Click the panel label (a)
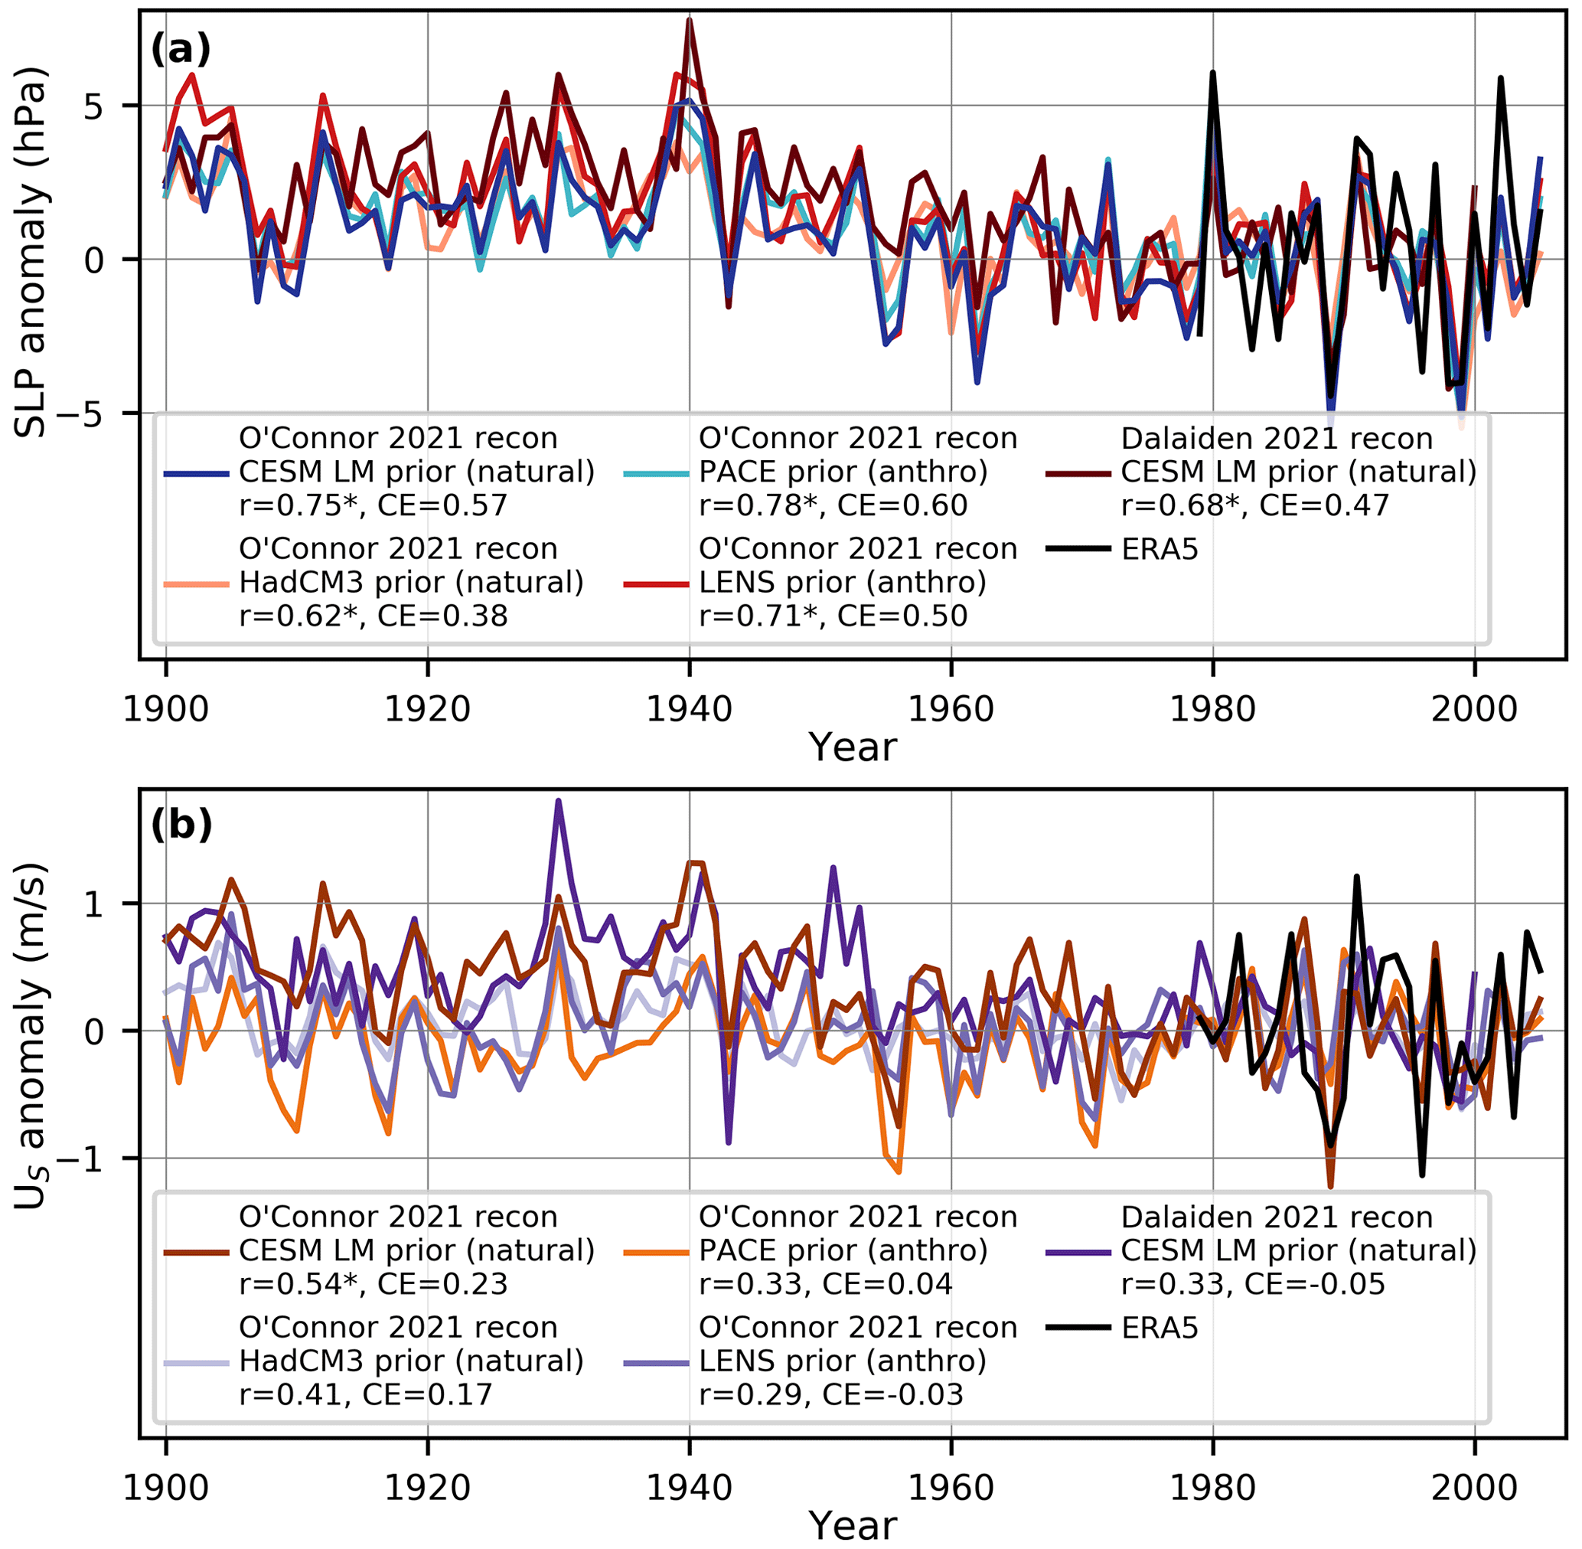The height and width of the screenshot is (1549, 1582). [181, 51]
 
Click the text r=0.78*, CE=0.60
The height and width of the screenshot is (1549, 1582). [833, 505]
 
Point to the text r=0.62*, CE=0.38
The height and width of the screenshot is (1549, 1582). [373, 616]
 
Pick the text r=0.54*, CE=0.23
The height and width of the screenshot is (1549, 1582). [373, 1284]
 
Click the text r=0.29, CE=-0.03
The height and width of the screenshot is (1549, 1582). [830, 1394]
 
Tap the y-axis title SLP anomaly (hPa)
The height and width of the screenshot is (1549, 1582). [33, 252]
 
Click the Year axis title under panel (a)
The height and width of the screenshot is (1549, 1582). [853, 747]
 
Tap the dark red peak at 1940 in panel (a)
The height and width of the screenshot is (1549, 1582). [690, 20]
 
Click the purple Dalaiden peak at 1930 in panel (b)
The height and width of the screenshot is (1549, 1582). [559, 802]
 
